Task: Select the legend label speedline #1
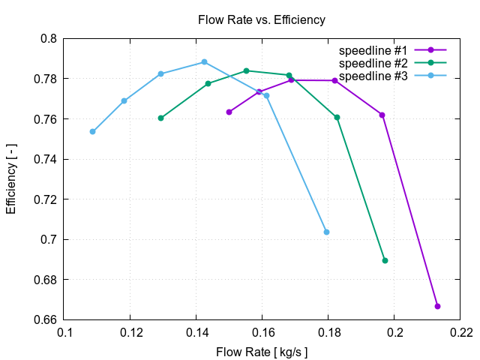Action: coord(373,50)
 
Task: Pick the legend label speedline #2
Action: coord(373,63)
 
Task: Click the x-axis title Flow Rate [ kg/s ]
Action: coord(262,351)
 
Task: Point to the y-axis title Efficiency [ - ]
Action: coord(11,179)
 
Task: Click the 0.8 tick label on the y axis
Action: coord(48,38)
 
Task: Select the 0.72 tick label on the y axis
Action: coord(45,199)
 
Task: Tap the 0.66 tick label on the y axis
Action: coord(45,320)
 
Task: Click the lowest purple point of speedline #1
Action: coord(437,306)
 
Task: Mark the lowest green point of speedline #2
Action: coord(385,260)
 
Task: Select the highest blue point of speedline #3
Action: coord(204,62)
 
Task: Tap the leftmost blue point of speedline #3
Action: coord(92,131)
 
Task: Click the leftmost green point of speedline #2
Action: coord(160,118)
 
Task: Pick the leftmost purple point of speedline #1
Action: coord(229,112)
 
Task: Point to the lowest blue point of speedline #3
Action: coord(326,232)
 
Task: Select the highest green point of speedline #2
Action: coord(246,70)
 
